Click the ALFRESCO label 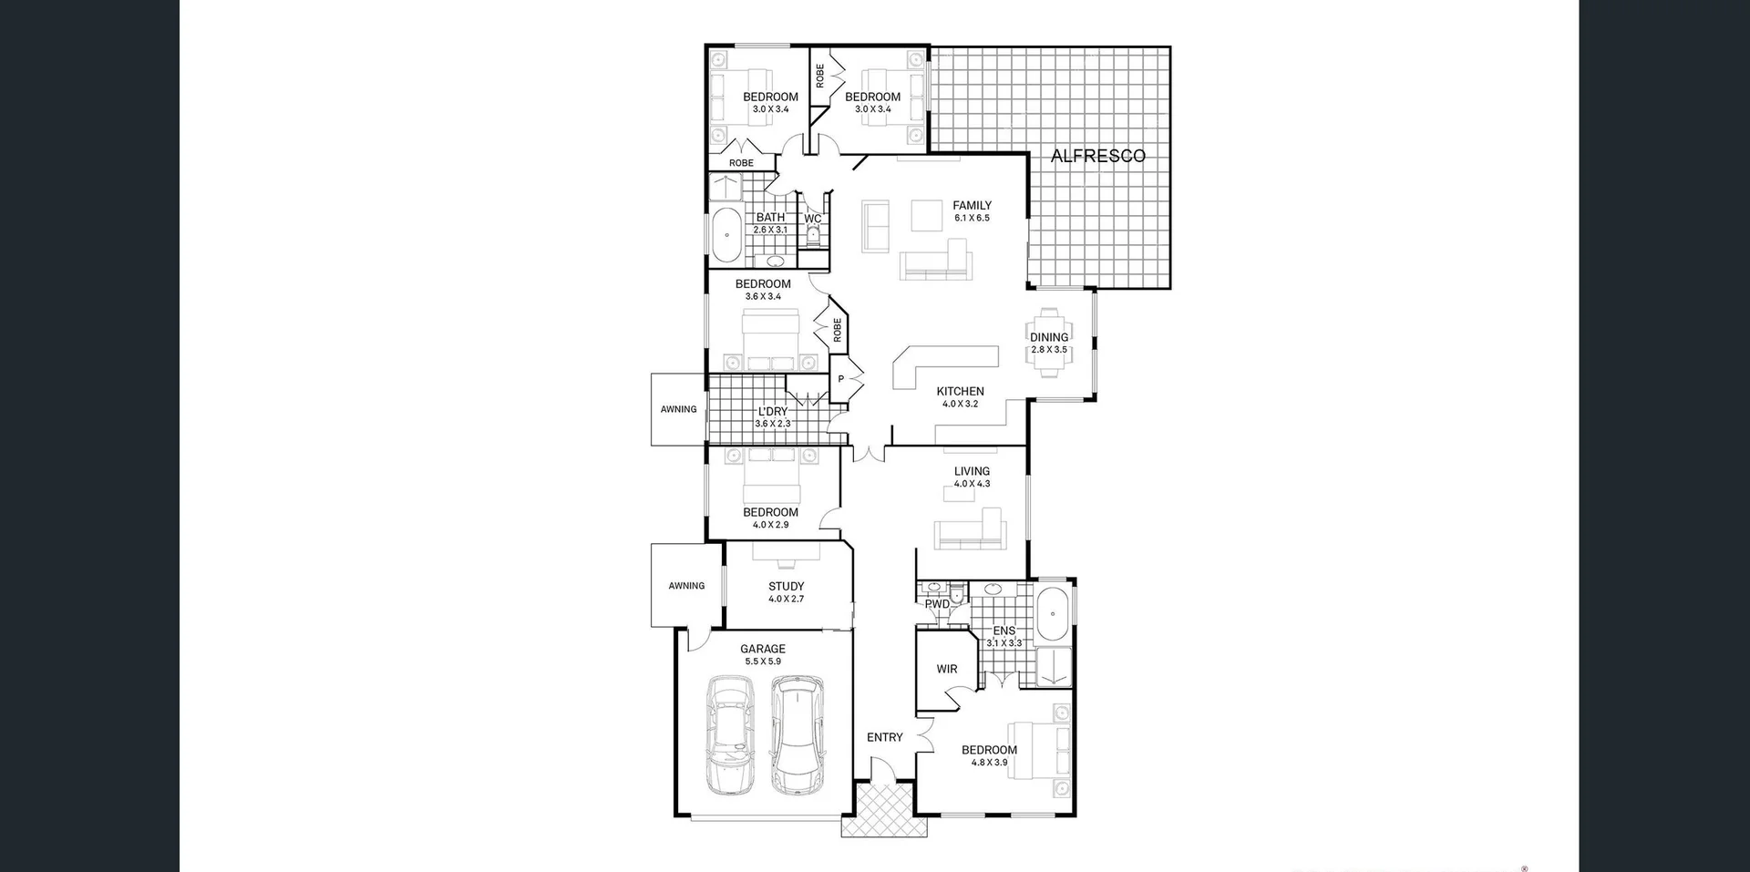tap(1097, 156)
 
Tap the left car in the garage tap(731, 736)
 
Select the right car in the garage tap(796, 734)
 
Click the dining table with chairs tap(1049, 343)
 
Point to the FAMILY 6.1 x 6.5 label tap(972, 211)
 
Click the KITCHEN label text tap(960, 392)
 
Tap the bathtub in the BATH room tap(726, 235)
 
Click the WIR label tap(947, 669)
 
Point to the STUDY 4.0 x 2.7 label tap(786, 592)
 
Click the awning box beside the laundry tap(678, 409)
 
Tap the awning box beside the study tap(686, 586)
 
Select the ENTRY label tap(884, 737)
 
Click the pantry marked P tap(840, 379)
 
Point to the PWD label tap(937, 604)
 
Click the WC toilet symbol tap(813, 237)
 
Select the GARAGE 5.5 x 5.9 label tap(762, 655)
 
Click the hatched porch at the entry tap(884, 811)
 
